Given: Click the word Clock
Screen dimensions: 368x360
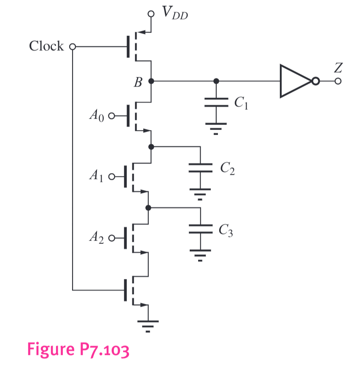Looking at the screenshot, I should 46,46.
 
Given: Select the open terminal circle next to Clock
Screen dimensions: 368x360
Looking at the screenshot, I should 72,47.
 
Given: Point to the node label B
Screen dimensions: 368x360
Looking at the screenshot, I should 137,82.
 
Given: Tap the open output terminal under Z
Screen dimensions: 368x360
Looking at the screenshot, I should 338,81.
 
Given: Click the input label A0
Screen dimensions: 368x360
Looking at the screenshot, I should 96,114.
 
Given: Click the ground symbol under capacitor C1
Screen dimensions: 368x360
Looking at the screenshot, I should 216,126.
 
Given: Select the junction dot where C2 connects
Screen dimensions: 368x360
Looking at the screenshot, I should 151,146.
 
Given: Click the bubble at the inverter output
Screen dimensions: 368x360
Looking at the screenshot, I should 315,81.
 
